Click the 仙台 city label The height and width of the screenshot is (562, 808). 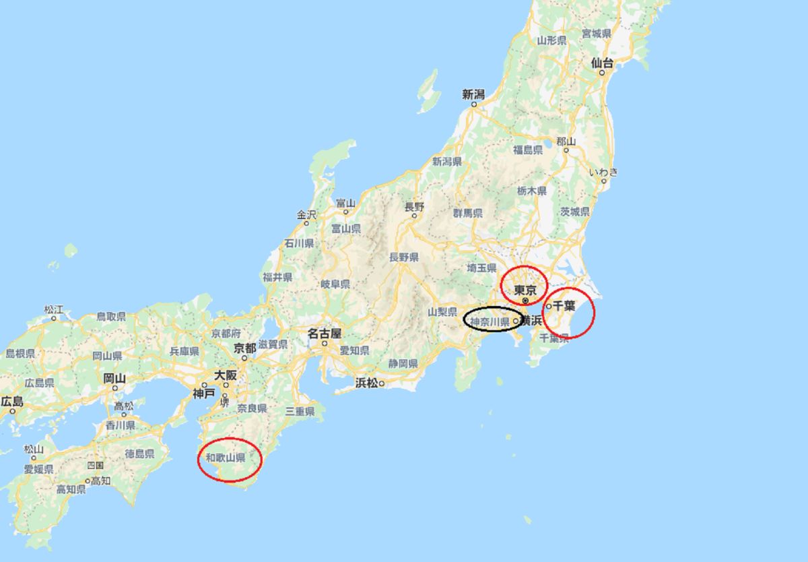[x=602, y=63]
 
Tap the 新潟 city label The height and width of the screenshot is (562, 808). [x=473, y=94]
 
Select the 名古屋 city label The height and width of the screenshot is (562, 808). [x=325, y=333]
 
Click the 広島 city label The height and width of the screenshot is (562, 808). [x=11, y=402]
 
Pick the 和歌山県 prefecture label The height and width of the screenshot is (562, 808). [x=225, y=458]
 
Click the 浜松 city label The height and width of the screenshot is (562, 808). [x=367, y=383]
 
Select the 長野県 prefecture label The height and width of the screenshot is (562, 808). [x=404, y=257]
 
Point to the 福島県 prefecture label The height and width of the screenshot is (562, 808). [x=528, y=150]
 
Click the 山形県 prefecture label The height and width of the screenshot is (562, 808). [x=551, y=40]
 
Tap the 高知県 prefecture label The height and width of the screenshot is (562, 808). [x=71, y=489]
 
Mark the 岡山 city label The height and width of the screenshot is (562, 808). [x=114, y=378]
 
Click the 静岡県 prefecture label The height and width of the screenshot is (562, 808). [x=403, y=363]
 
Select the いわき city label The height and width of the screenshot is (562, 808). [x=603, y=172]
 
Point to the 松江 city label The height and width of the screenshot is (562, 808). [x=54, y=309]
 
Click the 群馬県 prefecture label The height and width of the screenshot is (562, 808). [x=468, y=213]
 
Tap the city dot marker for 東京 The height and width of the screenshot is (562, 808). [x=525, y=301]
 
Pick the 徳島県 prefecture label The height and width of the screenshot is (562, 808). [x=139, y=454]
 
